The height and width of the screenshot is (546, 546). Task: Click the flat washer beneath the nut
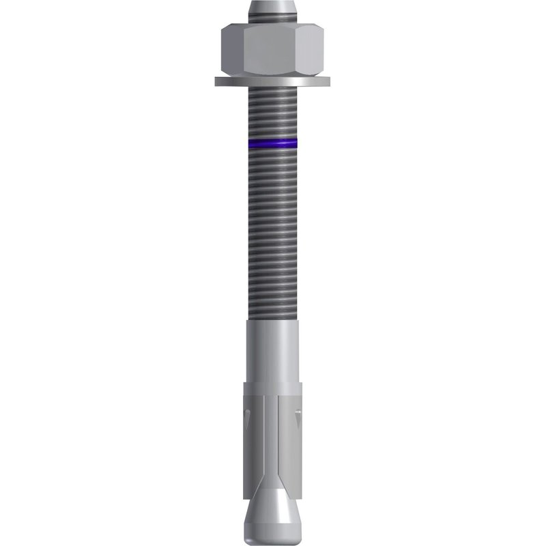click(x=273, y=83)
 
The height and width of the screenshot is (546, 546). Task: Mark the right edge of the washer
click(x=330, y=82)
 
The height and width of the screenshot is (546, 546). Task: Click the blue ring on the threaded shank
click(x=273, y=144)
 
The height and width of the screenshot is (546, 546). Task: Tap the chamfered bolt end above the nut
click(x=273, y=10)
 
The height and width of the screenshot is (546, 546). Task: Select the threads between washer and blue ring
click(x=273, y=113)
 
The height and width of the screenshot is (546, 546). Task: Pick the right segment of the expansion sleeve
click(x=292, y=437)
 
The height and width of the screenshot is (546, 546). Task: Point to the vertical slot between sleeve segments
click(x=272, y=437)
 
